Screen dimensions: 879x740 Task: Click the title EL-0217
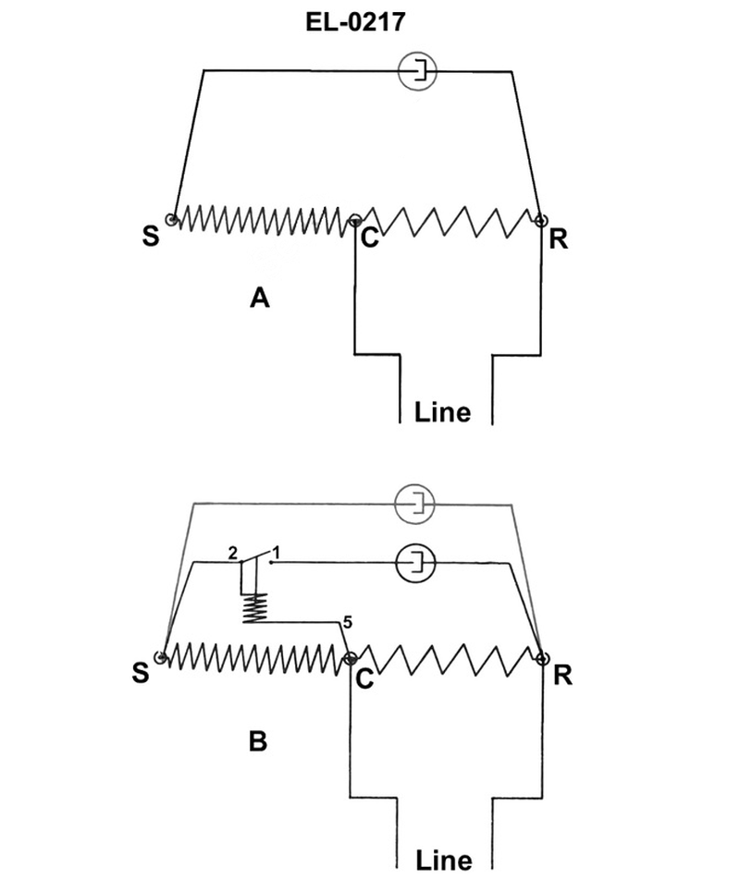(356, 22)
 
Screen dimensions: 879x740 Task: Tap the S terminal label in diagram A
(150, 237)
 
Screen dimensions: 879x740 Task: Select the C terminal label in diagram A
(369, 238)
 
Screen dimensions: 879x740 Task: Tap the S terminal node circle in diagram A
(172, 218)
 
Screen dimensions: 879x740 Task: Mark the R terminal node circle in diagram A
(540, 219)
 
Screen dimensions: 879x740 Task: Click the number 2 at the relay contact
(233, 552)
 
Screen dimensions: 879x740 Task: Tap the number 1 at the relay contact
(277, 552)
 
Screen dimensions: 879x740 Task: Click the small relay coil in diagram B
(253, 606)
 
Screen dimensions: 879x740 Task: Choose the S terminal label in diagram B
(140, 673)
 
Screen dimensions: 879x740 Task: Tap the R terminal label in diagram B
(562, 675)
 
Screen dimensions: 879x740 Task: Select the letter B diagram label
(259, 740)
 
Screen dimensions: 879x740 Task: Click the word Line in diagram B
(443, 860)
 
